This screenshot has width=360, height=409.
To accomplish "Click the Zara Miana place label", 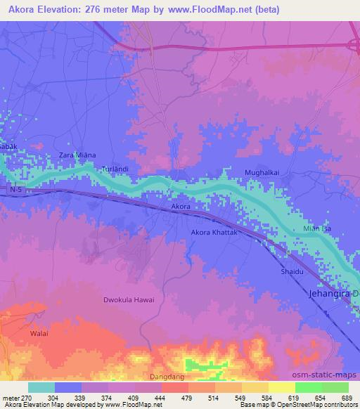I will point(77,155).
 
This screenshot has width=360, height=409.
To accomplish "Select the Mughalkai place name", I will point(262,172).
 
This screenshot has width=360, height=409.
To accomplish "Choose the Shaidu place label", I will point(291,271).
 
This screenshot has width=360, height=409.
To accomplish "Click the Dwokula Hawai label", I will point(129,299).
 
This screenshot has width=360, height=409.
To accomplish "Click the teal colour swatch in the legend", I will point(41,387).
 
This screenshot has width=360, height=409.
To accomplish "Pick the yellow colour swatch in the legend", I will point(282,387).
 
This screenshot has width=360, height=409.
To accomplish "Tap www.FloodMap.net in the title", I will point(216,10).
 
